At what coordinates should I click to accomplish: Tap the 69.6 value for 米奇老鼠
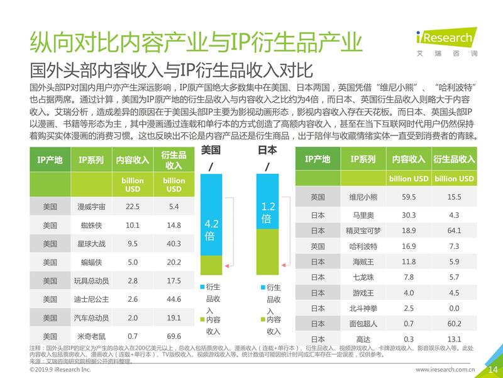[x=174, y=336]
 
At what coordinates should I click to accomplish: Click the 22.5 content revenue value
[x=133, y=206]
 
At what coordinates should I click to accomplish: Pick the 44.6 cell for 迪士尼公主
[x=174, y=299]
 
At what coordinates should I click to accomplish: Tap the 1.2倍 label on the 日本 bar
[x=268, y=212]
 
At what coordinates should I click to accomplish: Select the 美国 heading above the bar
[x=211, y=151]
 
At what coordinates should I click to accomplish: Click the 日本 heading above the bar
[x=268, y=151]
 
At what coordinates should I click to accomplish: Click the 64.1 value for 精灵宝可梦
[x=453, y=230]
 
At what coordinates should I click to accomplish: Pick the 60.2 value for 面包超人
[x=453, y=324]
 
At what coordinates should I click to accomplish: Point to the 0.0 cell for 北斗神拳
[x=453, y=309]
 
